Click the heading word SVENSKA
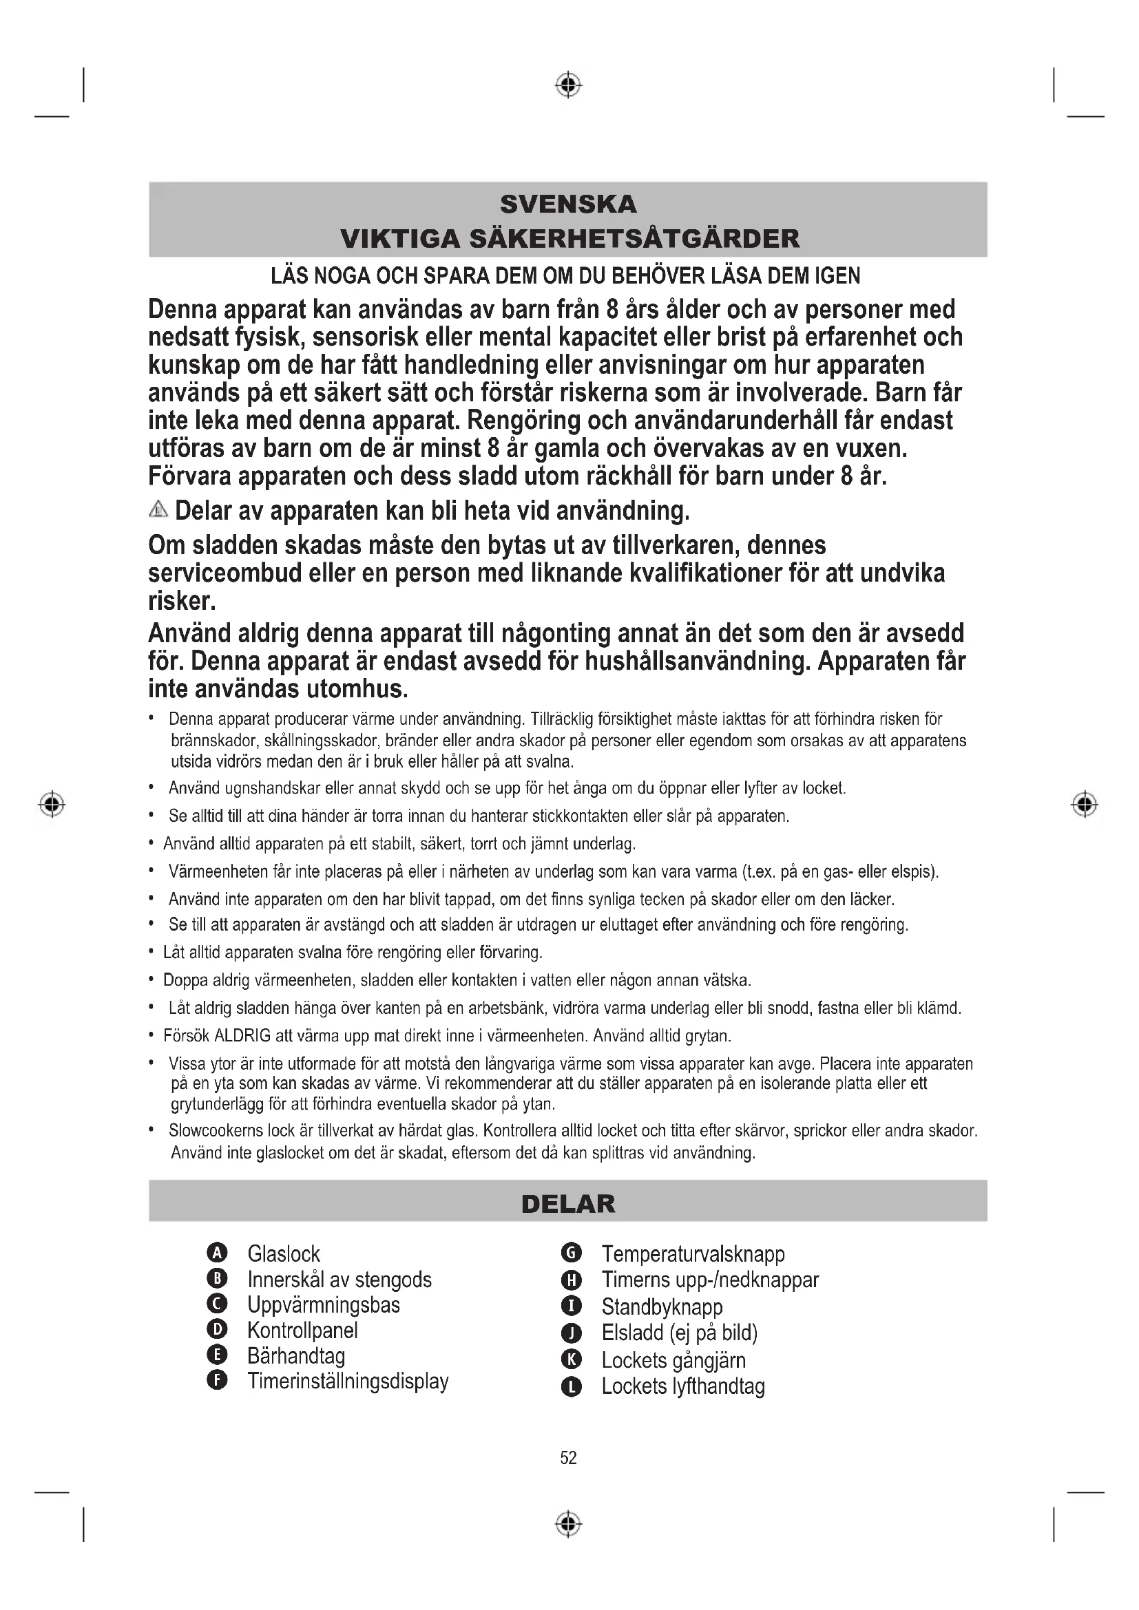coord(568,204)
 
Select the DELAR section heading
coord(568,1204)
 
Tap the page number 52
coord(568,1458)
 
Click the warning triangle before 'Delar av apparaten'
coord(158,510)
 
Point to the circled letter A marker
coord(218,1253)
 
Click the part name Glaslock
coord(283,1253)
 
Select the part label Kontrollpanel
coord(302,1331)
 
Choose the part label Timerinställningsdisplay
coord(348,1381)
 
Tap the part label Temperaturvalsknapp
coord(693,1253)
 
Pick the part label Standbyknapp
coord(661,1307)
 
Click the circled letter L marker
coord(572,1386)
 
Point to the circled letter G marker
coord(572,1253)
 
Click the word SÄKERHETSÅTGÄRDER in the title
coord(634,238)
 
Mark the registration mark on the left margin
coord(51,803)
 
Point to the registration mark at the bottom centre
coord(568,1524)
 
